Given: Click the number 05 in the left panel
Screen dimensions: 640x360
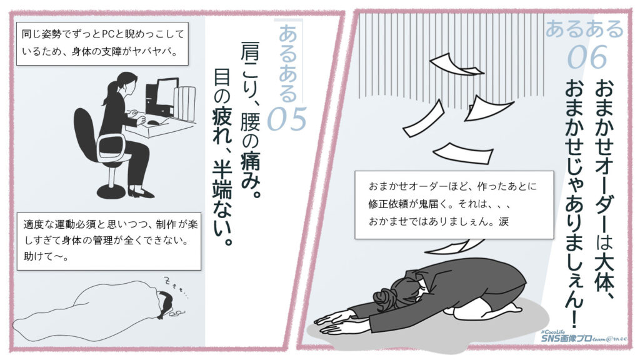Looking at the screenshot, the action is click(x=286, y=119).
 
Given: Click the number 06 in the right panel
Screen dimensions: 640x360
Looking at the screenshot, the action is click(x=587, y=57).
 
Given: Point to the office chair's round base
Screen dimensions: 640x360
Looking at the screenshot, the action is click(x=111, y=192).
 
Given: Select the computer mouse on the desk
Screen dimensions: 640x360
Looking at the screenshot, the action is click(x=153, y=122).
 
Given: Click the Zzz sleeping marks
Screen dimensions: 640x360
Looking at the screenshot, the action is click(x=175, y=285).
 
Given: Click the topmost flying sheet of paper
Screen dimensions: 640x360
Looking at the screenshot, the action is click(x=454, y=64).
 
